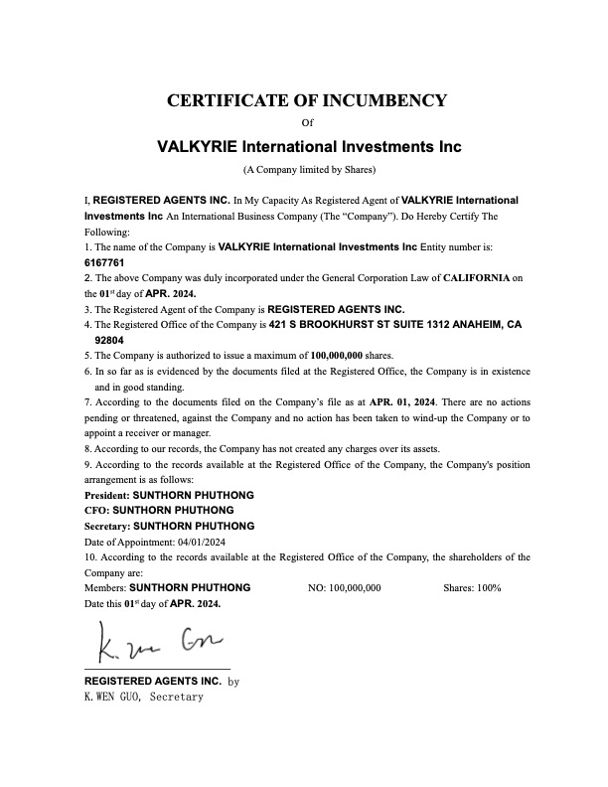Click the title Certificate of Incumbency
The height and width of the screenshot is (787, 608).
point(306,100)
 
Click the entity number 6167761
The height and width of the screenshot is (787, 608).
point(104,262)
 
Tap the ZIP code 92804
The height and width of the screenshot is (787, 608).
point(109,340)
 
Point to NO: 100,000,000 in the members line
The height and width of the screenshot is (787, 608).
point(345,588)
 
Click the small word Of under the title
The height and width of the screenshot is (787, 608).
point(306,123)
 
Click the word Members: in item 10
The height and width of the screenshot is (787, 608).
point(105,588)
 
